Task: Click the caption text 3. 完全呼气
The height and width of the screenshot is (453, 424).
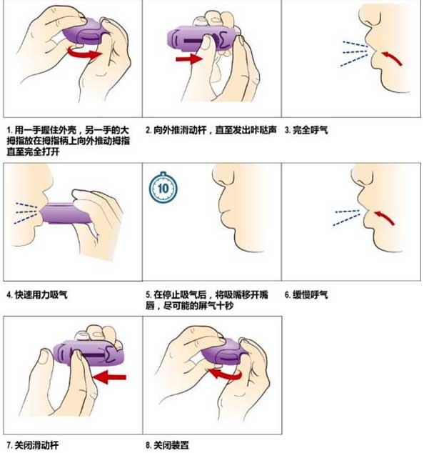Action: click(x=306, y=131)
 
